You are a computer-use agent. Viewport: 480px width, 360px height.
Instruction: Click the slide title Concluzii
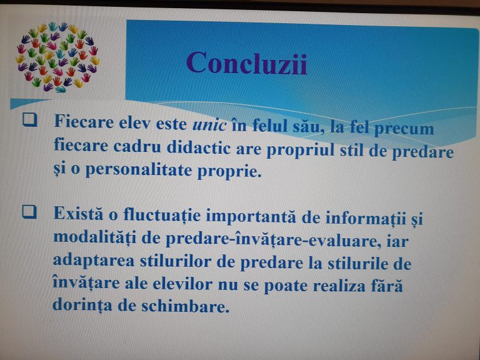click(246, 63)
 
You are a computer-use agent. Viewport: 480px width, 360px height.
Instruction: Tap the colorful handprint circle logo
click(57, 57)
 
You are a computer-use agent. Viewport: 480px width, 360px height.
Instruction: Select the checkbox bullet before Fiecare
click(30, 120)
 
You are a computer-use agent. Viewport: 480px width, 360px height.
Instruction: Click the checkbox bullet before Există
click(29, 211)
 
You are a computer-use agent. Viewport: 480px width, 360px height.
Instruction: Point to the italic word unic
click(210, 124)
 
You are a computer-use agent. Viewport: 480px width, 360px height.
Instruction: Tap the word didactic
click(199, 148)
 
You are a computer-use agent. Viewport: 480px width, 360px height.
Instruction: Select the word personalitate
click(138, 170)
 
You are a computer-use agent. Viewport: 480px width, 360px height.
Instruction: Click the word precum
click(404, 129)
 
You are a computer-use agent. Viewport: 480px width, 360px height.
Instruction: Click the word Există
click(79, 213)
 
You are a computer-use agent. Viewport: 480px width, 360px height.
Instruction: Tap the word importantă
click(251, 217)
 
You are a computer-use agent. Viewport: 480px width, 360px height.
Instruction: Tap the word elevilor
click(182, 284)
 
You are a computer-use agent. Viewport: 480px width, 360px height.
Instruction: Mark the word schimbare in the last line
click(185, 306)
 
